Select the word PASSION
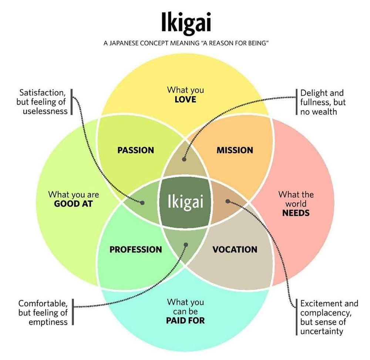click(135, 150)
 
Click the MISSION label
click(235, 150)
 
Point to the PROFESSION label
click(135, 249)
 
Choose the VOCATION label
click(235, 249)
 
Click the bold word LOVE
click(185, 100)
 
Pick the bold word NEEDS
click(296, 213)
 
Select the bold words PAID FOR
click(185, 320)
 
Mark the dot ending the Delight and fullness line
click(185, 159)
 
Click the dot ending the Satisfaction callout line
click(142, 202)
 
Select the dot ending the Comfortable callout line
click(186, 244)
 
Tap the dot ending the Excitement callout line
click(228, 202)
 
